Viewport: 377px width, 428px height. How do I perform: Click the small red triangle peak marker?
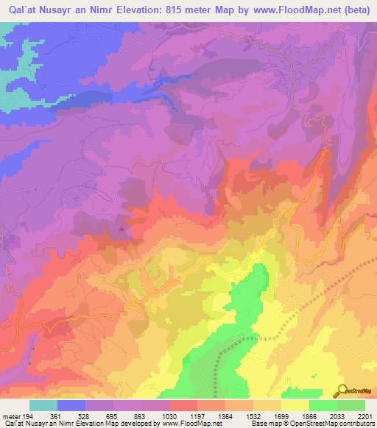pyautogui.click(x=121, y=228)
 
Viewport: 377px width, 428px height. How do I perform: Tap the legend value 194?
pyautogui.click(x=29, y=416)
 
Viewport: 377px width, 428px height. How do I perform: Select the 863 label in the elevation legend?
pyautogui.click(x=140, y=416)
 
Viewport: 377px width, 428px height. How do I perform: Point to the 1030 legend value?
pyautogui.click(x=169, y=416)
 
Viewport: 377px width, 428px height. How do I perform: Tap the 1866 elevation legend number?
pyautogui.click(x=309, y=416)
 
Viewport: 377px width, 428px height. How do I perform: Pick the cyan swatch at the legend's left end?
pyautogui.click(x=43, y=405)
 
